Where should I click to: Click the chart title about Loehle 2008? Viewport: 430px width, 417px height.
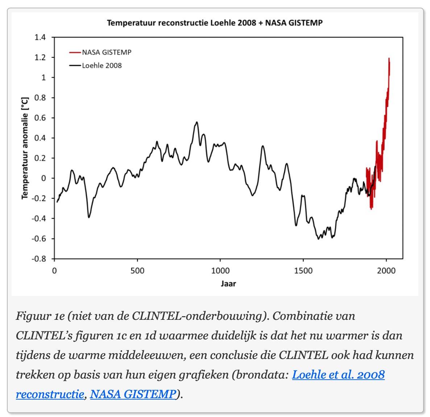[x=215, y=23]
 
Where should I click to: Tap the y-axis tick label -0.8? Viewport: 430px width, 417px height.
[x=39, y=259]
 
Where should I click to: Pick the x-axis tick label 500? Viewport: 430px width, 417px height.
[x=137, y=271]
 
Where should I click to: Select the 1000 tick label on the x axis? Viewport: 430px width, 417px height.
[x=220, y=271]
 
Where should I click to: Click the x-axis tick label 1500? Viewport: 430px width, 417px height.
[x=303, y=271]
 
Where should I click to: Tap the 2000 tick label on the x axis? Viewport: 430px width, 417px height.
[x=386, y=271]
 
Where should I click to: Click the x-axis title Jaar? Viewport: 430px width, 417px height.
[x=228, y=284]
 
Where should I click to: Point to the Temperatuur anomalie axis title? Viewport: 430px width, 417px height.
[x=25, y=148]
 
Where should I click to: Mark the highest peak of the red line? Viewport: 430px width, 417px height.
[x=389, y=58]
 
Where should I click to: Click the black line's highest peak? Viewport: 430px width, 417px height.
[x=197, y=122]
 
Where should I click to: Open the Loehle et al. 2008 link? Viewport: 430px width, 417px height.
[x=338, y=374]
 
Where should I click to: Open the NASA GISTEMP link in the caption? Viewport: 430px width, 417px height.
[x=133, y=393]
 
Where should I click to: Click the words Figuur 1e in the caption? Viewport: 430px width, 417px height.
[x=40, y=316]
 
